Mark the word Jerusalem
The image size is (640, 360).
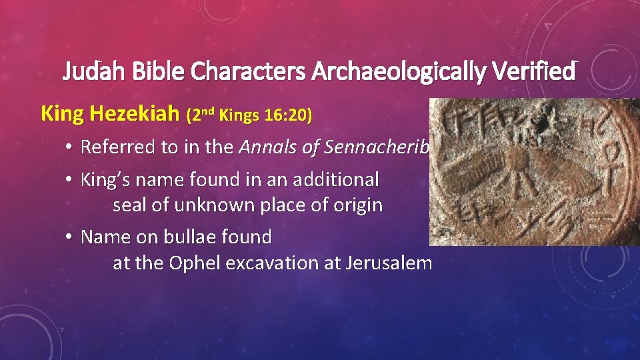pyautogui.click(x=389, y=263)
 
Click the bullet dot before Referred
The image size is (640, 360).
pyautogui.click(x=69, y=148)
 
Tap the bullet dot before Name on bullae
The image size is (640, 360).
pyautogui.click(x=69, y=237)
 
